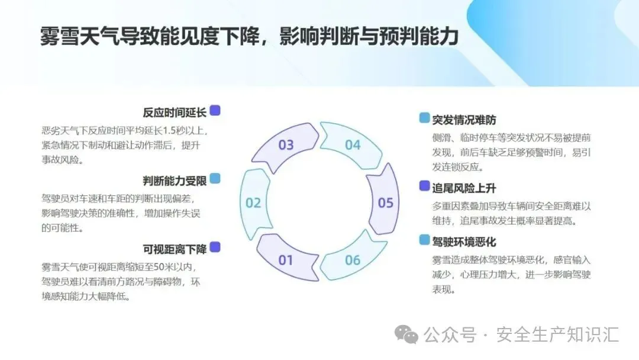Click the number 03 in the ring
(286, 145)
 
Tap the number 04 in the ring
(353, 145)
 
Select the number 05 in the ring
(386, 203)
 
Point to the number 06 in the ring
(353, 260)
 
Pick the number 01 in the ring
(286, 260)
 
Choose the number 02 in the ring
(253, 203)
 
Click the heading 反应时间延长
(174, 112)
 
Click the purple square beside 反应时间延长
(215, 111)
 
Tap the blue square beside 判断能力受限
(215, 178)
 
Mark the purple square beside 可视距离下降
(215, 247)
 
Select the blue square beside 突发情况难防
(424, 118)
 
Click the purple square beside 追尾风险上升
(424, 186)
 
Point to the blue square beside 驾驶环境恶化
(424, 240)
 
